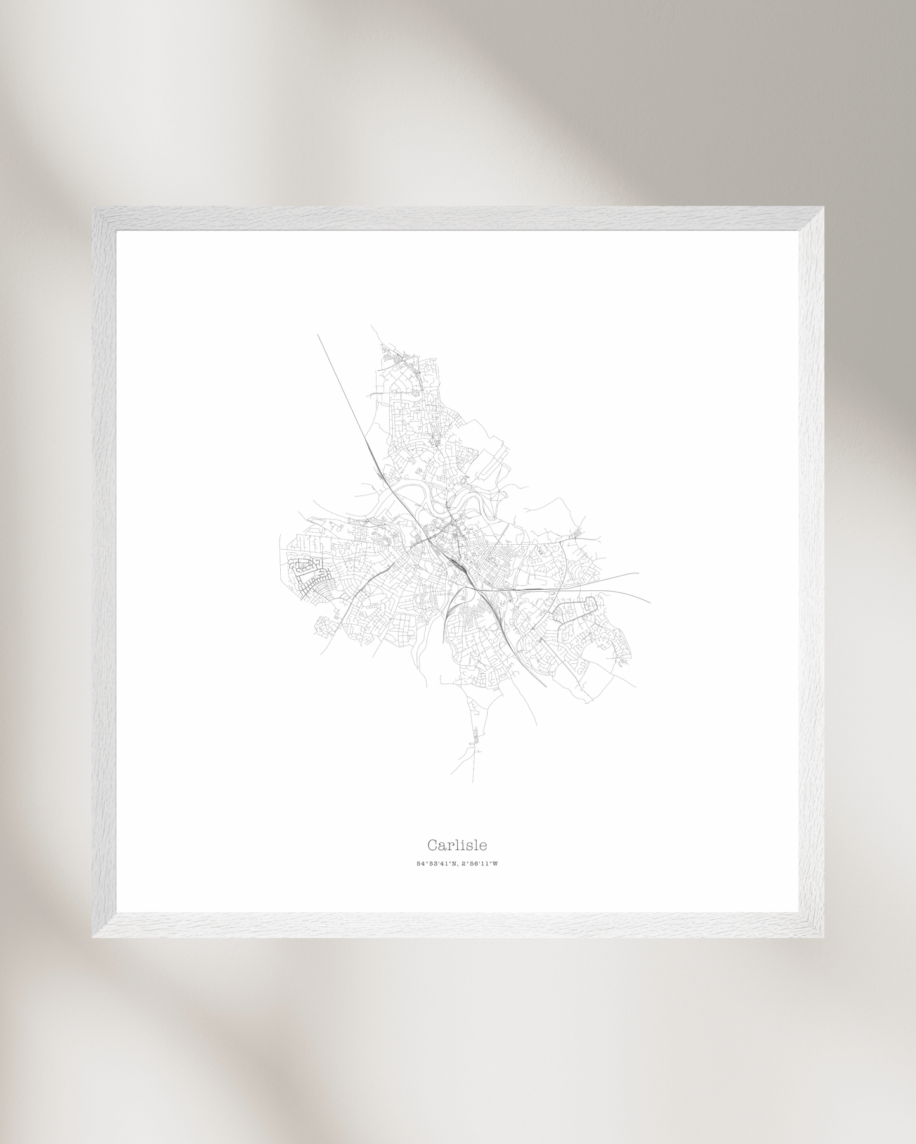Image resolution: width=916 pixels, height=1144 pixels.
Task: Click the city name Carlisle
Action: tap(456, 845)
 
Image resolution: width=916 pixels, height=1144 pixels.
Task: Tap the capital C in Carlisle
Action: tap(432, 845)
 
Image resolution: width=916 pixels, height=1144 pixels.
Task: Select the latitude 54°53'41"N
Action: tap(436, 863)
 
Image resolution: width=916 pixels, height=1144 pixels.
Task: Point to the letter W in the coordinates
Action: tap(495, 863)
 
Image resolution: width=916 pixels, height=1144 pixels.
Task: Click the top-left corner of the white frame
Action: tap(94, 209)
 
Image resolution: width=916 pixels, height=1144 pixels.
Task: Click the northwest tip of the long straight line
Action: tap(318, 335)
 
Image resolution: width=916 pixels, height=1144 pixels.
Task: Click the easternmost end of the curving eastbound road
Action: tap(650, 602)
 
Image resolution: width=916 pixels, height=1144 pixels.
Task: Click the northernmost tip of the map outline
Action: tap(372, 327)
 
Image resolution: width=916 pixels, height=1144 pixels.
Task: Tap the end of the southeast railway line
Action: tap(546, 686)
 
